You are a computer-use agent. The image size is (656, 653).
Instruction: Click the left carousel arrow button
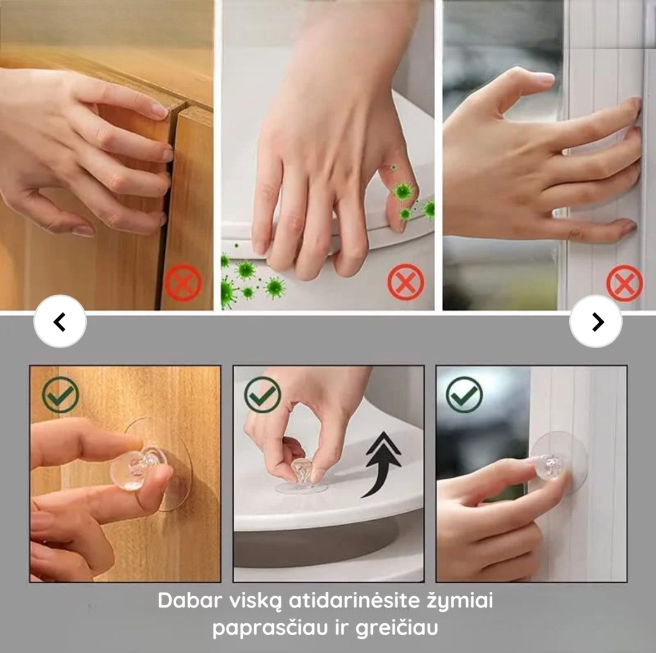(x=60, y=321)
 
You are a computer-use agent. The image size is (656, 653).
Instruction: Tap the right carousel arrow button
(x=596, y=321)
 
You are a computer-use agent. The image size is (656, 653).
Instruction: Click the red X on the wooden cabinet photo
(x=183, y=283)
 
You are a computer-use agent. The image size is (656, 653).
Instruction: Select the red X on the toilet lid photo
(x=406, y=282)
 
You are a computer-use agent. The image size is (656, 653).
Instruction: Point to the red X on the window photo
(x=625, y=283)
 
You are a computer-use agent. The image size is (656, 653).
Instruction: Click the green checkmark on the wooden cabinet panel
(x=61, y=395)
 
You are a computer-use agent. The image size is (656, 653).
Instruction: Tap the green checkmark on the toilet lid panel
(x=263, y=395)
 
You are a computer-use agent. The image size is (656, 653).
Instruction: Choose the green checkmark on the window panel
(x=465, y=395)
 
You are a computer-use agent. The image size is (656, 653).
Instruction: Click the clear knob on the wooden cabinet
(x=138, y=467)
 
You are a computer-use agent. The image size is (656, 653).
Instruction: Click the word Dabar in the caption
(x=190, y=601)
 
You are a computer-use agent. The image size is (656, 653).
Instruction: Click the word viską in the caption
(x=255, y=601)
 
